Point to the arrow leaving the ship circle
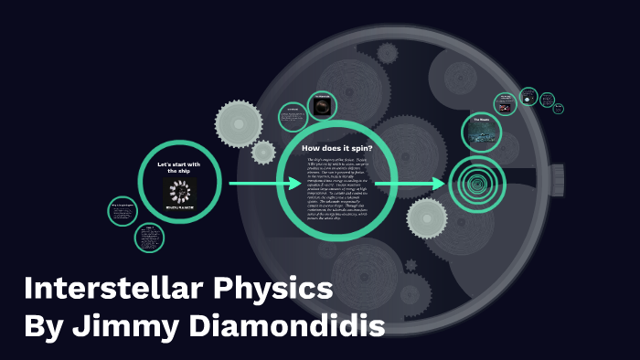[x=264, y=184]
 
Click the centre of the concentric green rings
[x=475, y=184]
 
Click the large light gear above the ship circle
[x=240, y=118]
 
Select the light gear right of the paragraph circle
[x=428, y=220]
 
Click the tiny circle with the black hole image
[x=321, y=107]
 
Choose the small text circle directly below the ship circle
[x=149, y=238]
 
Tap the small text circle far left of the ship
[x=122, y=211]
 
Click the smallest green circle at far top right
[x=559, y=109]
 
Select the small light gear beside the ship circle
[x=263, y=151]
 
